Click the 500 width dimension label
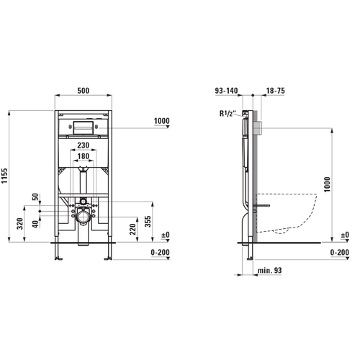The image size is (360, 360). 84,91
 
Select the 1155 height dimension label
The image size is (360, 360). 5,176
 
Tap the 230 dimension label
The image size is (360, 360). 83,145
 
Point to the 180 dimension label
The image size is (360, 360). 83,156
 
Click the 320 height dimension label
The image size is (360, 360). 20,224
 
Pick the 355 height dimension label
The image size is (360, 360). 148,222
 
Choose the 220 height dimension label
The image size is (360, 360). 132,229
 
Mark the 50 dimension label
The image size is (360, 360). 35,197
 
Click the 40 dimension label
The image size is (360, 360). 35,225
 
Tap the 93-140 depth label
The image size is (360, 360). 226,91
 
